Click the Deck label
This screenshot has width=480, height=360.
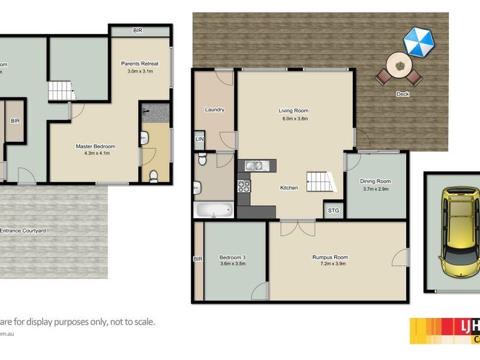pos(403,94)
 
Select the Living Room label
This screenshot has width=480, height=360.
pos(293,110)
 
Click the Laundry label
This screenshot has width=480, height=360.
pos(214,110)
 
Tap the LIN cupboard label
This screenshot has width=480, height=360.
pos(199,139)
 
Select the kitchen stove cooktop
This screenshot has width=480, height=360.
pos(244,186)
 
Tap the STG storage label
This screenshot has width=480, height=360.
pos(333,210)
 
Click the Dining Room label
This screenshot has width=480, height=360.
pos(375,181)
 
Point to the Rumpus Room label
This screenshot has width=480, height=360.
pos(330,257)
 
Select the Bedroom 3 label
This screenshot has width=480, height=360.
pos(233,257)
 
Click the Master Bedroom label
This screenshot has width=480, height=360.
pos(95,146)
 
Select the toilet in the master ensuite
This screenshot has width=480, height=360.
pos(154,175)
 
